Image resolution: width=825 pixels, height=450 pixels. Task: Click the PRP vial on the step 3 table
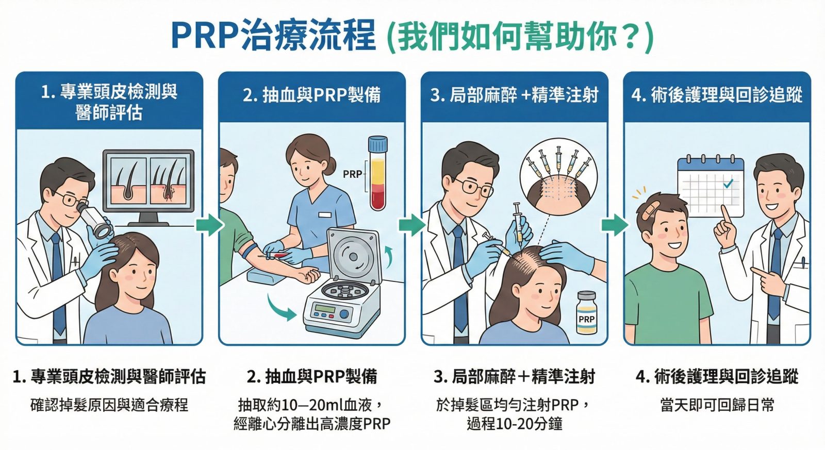coord(587,313)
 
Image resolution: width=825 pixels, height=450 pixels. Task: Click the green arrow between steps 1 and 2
coord(209,224)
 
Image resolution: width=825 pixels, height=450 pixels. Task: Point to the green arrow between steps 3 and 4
coord(615,224)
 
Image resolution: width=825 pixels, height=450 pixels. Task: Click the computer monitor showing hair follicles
coord(148,187)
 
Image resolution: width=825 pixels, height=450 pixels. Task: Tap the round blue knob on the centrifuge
coord(344,314)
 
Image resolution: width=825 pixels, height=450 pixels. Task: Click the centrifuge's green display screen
coord(323,308)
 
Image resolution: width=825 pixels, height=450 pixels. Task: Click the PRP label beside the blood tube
coord(352,174)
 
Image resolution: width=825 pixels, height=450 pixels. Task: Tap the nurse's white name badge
coord(325,214)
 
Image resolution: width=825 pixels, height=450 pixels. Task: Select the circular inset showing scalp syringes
coord(558,177)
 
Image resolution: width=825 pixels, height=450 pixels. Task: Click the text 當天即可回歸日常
coord(717,405)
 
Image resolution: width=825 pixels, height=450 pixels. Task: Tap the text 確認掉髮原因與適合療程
coord(109,405)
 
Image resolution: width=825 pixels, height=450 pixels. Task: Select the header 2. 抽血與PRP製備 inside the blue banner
coord(311,95)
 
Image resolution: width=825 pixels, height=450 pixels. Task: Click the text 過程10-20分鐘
coord(515,424)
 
